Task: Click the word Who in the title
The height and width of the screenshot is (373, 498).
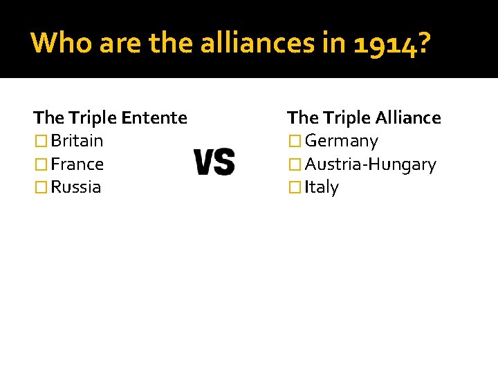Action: pos(62,43)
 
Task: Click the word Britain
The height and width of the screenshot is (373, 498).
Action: pos(77,141)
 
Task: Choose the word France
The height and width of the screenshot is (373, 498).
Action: pos(77,164)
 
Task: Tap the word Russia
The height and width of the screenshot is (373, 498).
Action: pos(75,187)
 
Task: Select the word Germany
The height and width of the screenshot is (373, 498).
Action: pos(341,142)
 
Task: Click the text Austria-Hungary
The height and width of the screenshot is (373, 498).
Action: pos(370,164)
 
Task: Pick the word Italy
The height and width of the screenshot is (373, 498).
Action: pos(322,187)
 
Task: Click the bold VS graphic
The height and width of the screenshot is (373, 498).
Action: pos(214,162)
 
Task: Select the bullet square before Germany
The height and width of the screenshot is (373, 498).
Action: pos(295,142)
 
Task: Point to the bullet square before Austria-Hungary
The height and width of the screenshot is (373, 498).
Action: pos(295,165)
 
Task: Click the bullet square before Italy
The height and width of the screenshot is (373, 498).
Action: pos(295,188)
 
